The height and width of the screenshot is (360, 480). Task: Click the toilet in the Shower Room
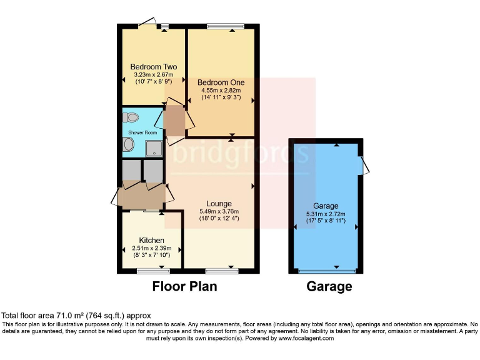131,117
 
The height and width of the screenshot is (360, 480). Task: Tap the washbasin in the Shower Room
128,145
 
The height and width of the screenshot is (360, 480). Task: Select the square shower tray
153,147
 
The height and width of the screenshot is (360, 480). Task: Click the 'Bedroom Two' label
153,67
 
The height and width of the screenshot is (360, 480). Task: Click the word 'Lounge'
219,204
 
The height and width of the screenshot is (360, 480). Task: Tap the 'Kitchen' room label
151,240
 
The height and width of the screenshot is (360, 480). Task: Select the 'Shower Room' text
142,132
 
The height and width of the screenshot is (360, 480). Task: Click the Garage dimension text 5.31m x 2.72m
325,214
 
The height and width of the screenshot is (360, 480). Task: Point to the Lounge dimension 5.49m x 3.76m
219,211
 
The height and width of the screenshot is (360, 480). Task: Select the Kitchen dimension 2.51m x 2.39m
151,248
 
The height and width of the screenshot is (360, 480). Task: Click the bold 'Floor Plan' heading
185,287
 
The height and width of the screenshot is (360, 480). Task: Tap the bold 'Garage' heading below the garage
329,287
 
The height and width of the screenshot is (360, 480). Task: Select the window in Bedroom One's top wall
221,26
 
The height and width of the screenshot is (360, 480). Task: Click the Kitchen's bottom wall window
149,271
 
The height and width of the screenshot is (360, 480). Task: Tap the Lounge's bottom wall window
217,271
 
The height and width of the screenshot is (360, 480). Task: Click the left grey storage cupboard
131,171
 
